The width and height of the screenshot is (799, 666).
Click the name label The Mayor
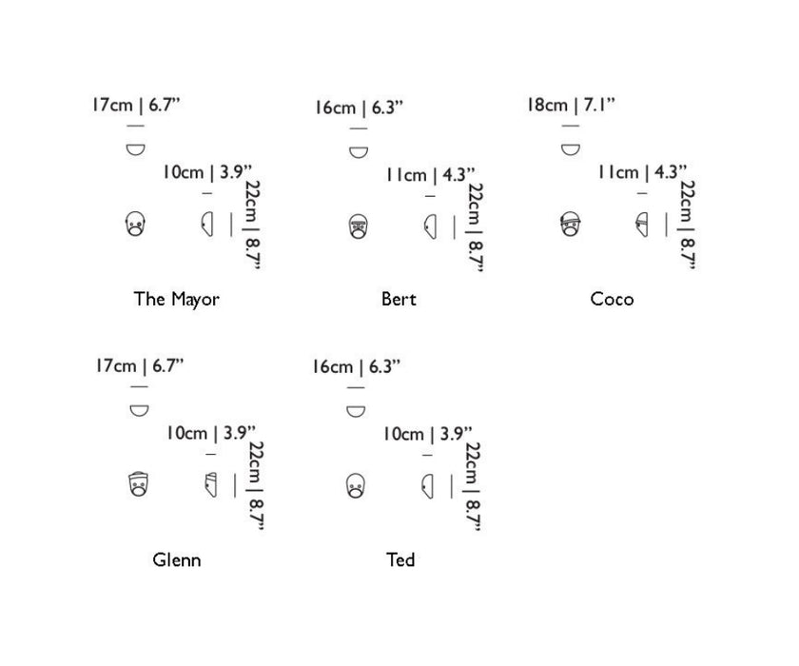click(x=176, y=299)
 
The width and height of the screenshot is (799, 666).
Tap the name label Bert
click(x=399, y=299)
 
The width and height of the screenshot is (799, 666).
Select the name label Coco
click(x=612, y=299)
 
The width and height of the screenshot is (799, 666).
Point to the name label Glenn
click(x=176, y=559)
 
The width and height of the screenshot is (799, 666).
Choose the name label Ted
click(x=400, y=559)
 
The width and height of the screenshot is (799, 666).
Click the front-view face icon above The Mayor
click(x=135, y=224)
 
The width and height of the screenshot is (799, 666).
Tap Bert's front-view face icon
click(x=359, y=226)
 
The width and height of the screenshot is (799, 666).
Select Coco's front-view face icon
click(x=570, y=224)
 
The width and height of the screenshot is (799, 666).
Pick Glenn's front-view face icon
click(x=138, y=484)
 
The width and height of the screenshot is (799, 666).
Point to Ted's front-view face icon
click(x=355, y=485)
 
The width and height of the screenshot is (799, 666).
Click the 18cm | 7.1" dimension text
click(x=571, y=105)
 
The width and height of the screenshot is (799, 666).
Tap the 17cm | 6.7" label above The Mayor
click(x=136, y=105)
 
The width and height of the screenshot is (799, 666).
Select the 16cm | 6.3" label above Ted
click(x=356, y=366)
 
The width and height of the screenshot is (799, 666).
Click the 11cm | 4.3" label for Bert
click(x=431, y=175)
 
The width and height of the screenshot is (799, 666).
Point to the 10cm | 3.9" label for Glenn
click(x=210, y=433)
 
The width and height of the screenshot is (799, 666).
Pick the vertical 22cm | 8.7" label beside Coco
click(x=688, y=225)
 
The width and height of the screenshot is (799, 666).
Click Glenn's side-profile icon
click(x=210, y=484)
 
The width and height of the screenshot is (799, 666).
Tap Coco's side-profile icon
click(x=642, y=225)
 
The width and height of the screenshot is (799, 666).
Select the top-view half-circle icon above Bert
click(x=359, y=152)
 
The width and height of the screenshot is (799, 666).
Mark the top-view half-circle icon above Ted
click(x=356, y=411)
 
